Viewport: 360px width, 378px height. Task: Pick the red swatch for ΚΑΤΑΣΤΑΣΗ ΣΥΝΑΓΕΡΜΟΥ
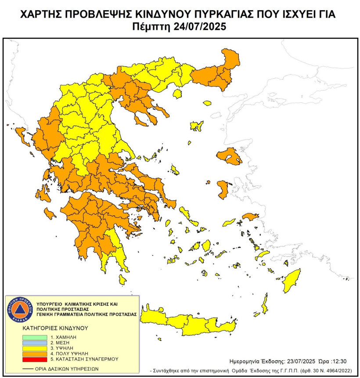click(x=33, y=359)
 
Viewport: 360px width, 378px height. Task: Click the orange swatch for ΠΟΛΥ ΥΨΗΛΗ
click(x=33, y=353)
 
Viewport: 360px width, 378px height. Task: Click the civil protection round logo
click(x=19, y=309)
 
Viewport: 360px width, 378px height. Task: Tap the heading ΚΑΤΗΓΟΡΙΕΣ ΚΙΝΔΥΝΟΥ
click(x=55, y=328)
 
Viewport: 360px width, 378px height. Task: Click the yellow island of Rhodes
click(x=291, y=281)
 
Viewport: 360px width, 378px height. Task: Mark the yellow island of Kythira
click(x=122, y=280)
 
